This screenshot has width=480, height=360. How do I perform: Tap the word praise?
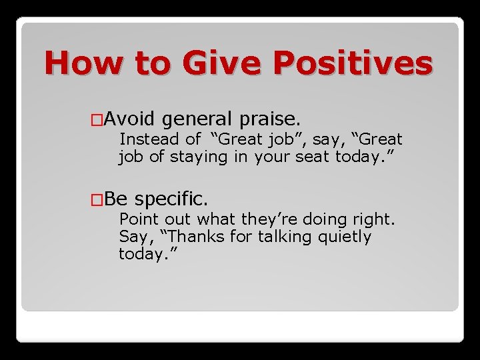[270, 119]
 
